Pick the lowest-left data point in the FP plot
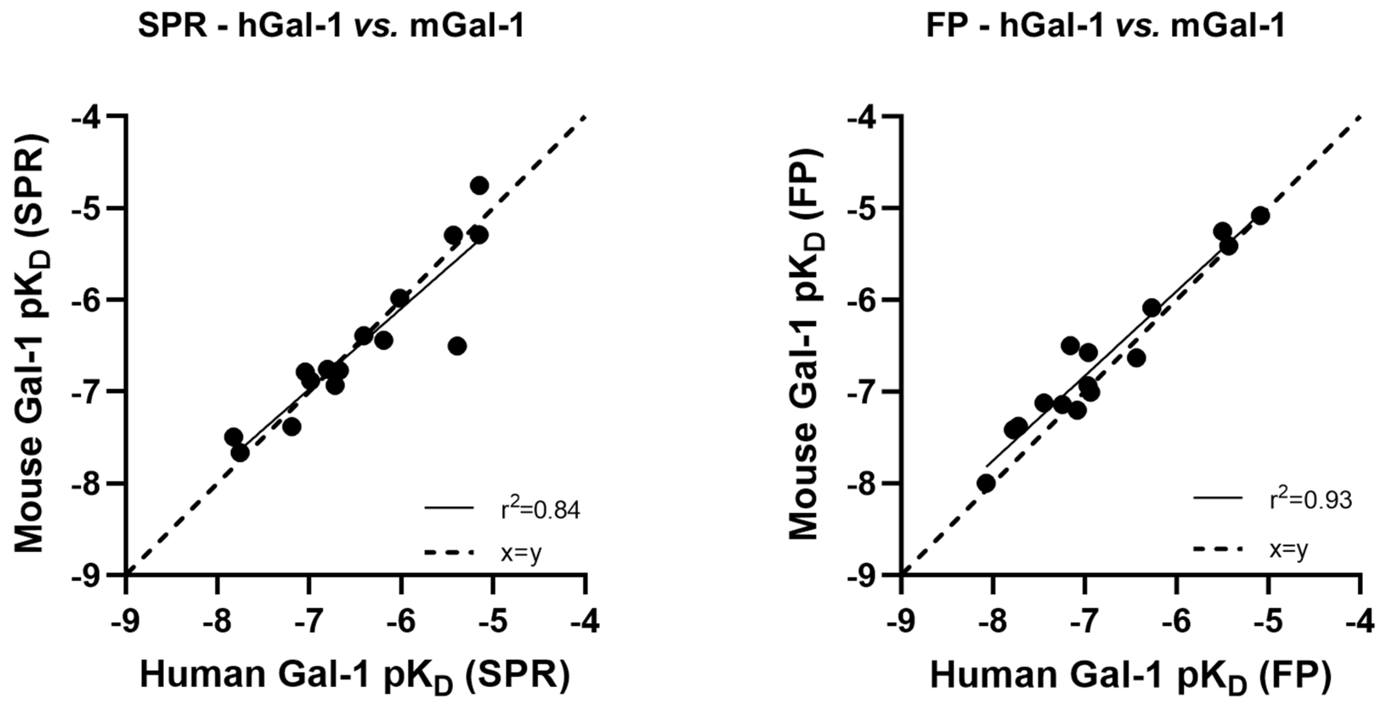point(986,483)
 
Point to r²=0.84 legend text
point(540,511)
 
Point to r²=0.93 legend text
point(1311,500)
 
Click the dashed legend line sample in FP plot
point(1217,549)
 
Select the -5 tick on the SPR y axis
point(89,208)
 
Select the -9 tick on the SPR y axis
point(89,575)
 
